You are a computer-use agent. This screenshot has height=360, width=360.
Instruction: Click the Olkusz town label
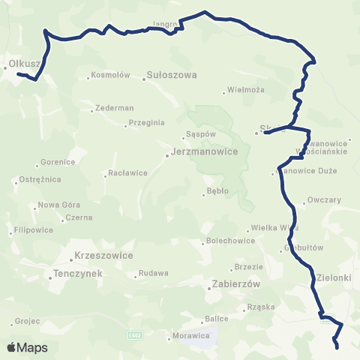[22, 64]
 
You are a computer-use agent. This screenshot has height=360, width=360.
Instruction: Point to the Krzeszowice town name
[104, 255]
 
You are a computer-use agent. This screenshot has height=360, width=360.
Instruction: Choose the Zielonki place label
[335, 277]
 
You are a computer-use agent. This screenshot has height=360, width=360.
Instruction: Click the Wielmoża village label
[248, 91]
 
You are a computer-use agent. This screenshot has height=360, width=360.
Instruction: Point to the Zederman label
[115, 108]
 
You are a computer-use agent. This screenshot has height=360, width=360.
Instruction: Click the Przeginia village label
[146, 123]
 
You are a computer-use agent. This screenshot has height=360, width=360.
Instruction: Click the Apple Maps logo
[28, 347]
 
